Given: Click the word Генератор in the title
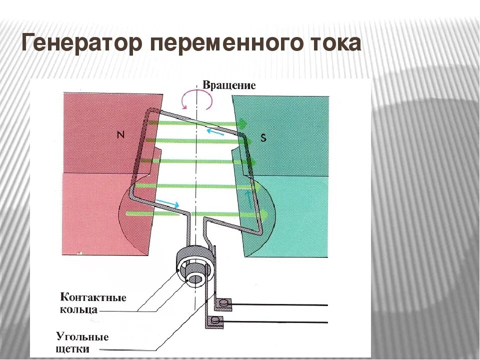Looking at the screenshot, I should pos(79,44).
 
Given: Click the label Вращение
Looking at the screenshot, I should pos(229,85).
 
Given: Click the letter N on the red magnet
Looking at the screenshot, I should pos(120,134).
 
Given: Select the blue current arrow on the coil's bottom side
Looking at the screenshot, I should pos(167,203).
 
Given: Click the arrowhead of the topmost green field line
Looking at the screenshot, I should pos(243,123).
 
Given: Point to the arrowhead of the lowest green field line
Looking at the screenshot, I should pos(264,214).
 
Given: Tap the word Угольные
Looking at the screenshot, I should pos(82,336).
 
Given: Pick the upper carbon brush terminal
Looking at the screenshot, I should pos(224,303).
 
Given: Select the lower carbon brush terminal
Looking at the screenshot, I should pos(216,320).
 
